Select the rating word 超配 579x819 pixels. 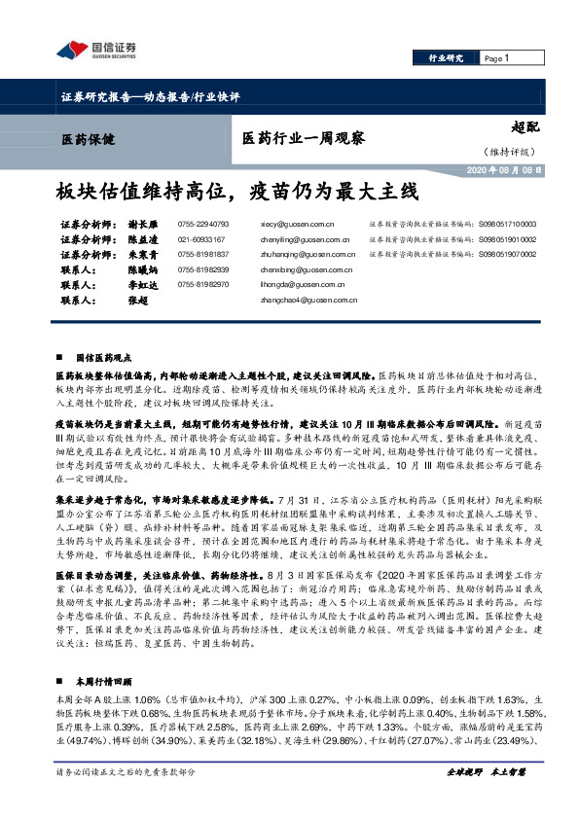(524, 125)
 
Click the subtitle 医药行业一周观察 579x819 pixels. (303, 137)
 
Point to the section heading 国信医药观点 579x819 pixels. (106, 358)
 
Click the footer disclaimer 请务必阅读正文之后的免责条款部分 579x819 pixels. (126, 800)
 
